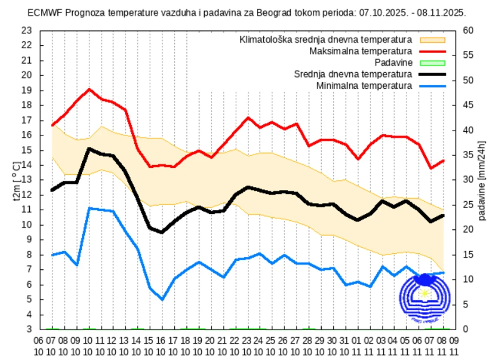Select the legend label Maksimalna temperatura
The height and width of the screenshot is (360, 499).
tap(360, 52)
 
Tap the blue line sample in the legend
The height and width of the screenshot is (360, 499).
tap(433, 85)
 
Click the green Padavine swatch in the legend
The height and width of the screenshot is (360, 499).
tap(433, 63)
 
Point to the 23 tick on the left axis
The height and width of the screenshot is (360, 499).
tap(27, 31)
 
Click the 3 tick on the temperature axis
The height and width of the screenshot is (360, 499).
tap(29, 330)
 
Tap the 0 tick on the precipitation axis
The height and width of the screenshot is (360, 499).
tap(466, 330)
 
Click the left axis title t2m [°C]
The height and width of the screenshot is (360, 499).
tap(16, 181)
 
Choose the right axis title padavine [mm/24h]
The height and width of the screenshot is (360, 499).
tap(482, 181)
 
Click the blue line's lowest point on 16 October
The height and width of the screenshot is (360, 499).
tap(162, 299)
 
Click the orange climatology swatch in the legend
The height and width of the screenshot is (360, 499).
tap(433, 40)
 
